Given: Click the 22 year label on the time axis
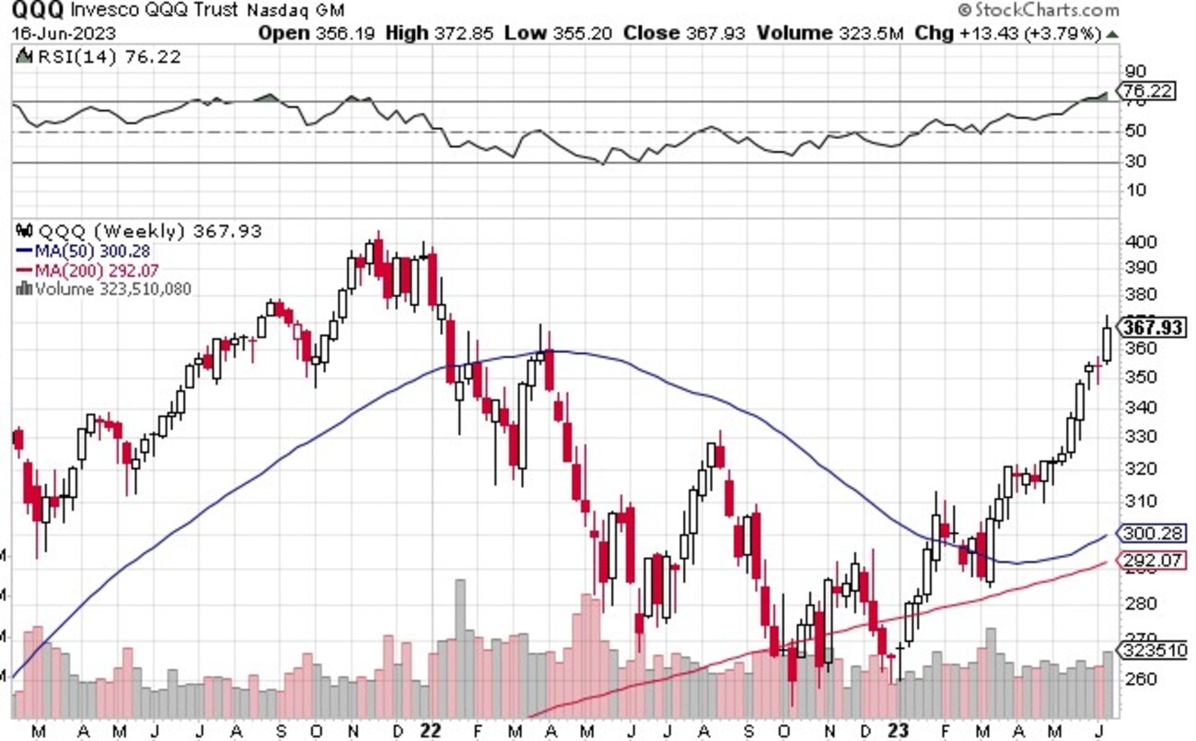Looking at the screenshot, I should click(429, 729).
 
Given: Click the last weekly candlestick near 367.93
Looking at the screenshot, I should click(1107, 344).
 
